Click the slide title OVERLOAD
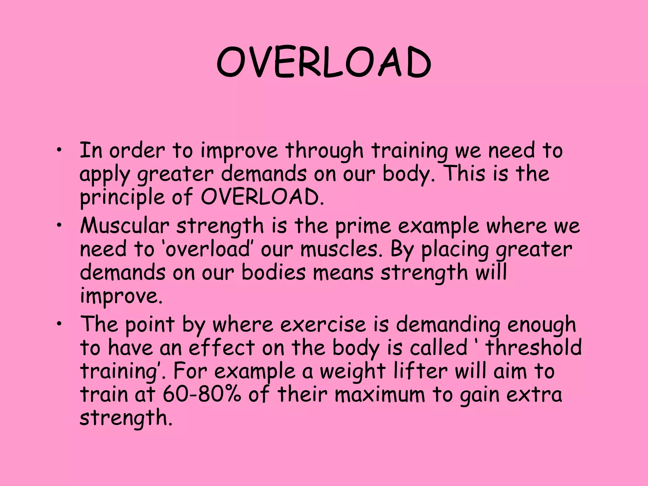pyautogui.click(x=324, y=62)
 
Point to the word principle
pyautogui.click(x=122, y=198)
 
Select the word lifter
pyautogui.click(x=421, y=371)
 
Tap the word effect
pyautogui.click(x=222, y=347)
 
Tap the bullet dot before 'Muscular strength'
pyautogui.click(x=59, y=225)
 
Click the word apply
pyautogui.click(x=104, y=175)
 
